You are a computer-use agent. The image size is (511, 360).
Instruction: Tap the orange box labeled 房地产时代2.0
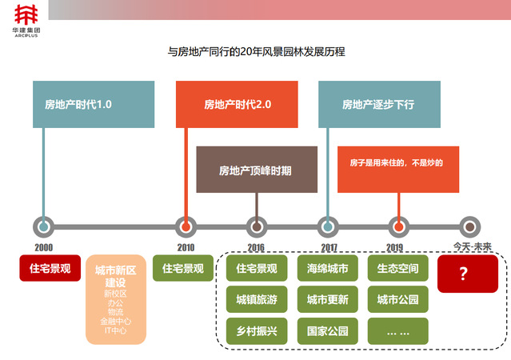[238, 104]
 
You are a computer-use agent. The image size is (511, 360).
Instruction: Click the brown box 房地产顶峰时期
[256, 170]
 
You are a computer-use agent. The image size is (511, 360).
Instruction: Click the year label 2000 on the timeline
[44, 248]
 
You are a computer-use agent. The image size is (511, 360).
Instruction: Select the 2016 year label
[256, 248]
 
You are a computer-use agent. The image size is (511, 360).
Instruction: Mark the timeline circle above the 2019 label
[397, 226]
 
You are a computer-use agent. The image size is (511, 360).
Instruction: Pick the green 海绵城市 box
[327, 269]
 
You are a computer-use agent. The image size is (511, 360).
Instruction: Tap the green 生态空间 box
[397, 269]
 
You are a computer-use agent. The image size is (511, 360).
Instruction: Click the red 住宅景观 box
[45, 269]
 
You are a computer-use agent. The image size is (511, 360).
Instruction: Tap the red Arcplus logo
[26, 14]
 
